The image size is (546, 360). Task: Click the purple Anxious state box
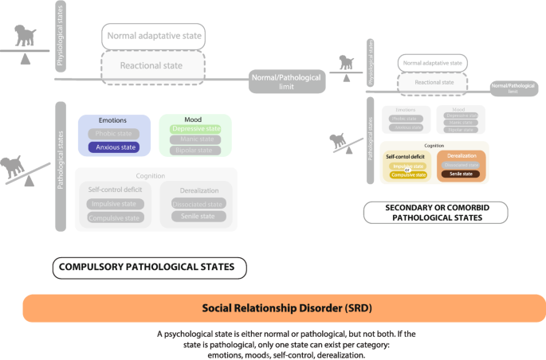(116, 147)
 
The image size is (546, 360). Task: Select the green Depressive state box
(196, 128)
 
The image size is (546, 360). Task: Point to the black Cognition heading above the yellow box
(434, 146)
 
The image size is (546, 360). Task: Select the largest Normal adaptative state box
(153, 36)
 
